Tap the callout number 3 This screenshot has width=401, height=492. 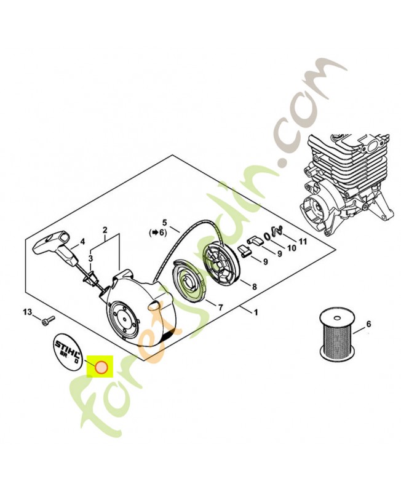pyautogui.click(x=90, y=259)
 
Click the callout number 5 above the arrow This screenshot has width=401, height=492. pyautogui.click(x=164, y=222)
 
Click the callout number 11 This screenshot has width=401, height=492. pyautogui.click(x=302, y=240)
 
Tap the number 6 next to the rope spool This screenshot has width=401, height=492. pyautogui.click(x=368, y=323)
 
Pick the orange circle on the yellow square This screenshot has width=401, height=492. pyautogui.click(x=100, y=368)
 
